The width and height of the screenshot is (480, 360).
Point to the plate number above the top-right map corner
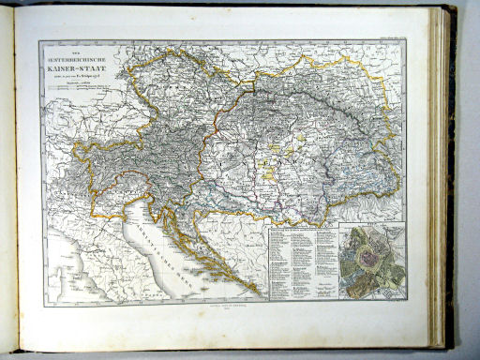pos(386,37)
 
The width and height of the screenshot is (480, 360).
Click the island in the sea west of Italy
pos(56,281)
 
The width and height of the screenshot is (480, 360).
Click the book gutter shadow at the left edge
pos(7,187)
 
